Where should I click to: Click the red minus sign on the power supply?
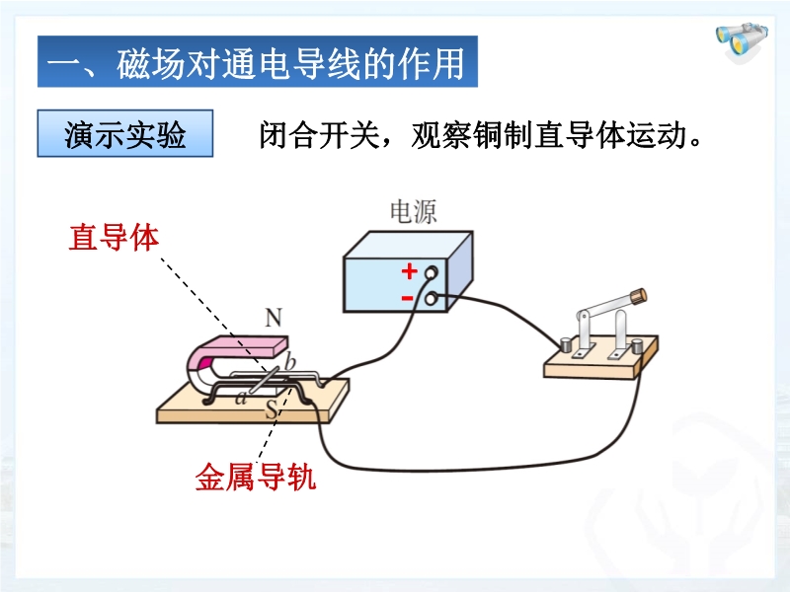[407, 296]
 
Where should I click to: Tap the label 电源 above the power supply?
[414, 212]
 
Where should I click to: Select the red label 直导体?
[114, 238]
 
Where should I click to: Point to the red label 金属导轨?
[256, 480]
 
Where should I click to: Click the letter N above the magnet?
[274, 318]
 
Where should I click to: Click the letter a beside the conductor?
[241, 398]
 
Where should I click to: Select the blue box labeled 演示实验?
[125, 134]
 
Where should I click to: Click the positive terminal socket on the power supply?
[431, 274]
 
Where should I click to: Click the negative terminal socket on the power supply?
[430, 296]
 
